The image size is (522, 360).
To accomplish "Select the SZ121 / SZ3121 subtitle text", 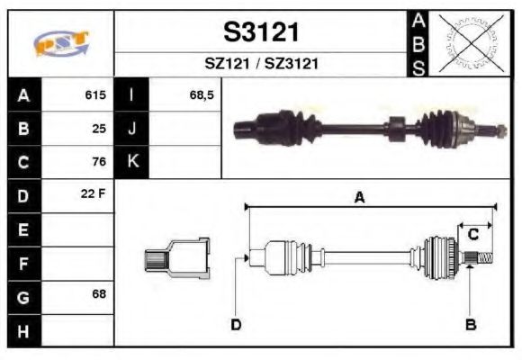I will (x=261, y=64).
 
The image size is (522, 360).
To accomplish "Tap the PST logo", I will (x=60, y=43).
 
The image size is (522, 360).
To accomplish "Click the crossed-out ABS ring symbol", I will (x=467, y=42).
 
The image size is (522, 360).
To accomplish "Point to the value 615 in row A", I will (x=94, y=94).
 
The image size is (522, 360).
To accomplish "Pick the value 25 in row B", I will (x=99, y=129).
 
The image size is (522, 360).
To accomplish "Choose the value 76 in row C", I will (x=99, y=163).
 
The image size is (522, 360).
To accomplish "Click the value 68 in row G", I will (x=99, y=295).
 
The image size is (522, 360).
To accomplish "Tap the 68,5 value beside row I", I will (x=202, y=94).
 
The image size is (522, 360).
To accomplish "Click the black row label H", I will (x=23, y=330).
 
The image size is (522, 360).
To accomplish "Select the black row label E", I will (x=23, y=229).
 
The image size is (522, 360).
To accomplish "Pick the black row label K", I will (x=132, y=162).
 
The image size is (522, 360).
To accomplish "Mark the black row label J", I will (x=132, y=129).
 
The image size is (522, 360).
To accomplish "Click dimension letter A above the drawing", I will (x=359, y=198).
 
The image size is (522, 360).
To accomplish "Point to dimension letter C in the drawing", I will (x=472, y=234).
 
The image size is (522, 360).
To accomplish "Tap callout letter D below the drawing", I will (x=236, y=325).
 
